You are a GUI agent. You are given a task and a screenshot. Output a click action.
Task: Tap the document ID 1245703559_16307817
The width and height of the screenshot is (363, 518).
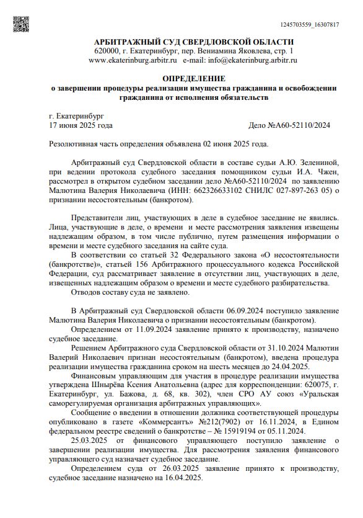(x=309, y=25)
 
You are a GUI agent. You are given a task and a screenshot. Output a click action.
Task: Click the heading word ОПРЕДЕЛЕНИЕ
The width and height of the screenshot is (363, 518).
(x=194, y=78)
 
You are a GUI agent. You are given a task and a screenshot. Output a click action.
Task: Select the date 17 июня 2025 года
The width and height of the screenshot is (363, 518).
(x=81, y=125)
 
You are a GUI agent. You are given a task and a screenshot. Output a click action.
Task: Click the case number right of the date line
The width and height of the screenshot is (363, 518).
(x=289, y=125)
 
